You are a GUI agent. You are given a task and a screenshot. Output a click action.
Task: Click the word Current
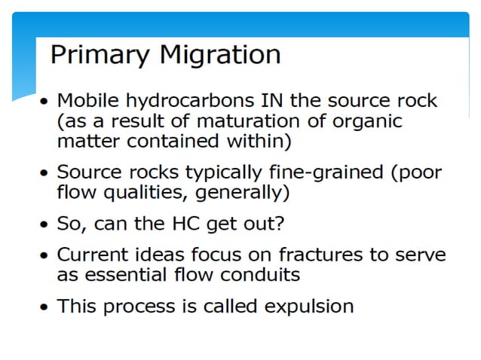(x=91, y=254)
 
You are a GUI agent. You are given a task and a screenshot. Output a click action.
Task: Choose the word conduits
(x=260, y=274)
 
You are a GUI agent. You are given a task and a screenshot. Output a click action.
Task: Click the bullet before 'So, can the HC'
(x=47, y=224)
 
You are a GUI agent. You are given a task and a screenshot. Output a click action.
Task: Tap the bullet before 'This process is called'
(x=47, y=307)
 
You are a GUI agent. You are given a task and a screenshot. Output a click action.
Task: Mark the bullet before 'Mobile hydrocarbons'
(x=47, y=101)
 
